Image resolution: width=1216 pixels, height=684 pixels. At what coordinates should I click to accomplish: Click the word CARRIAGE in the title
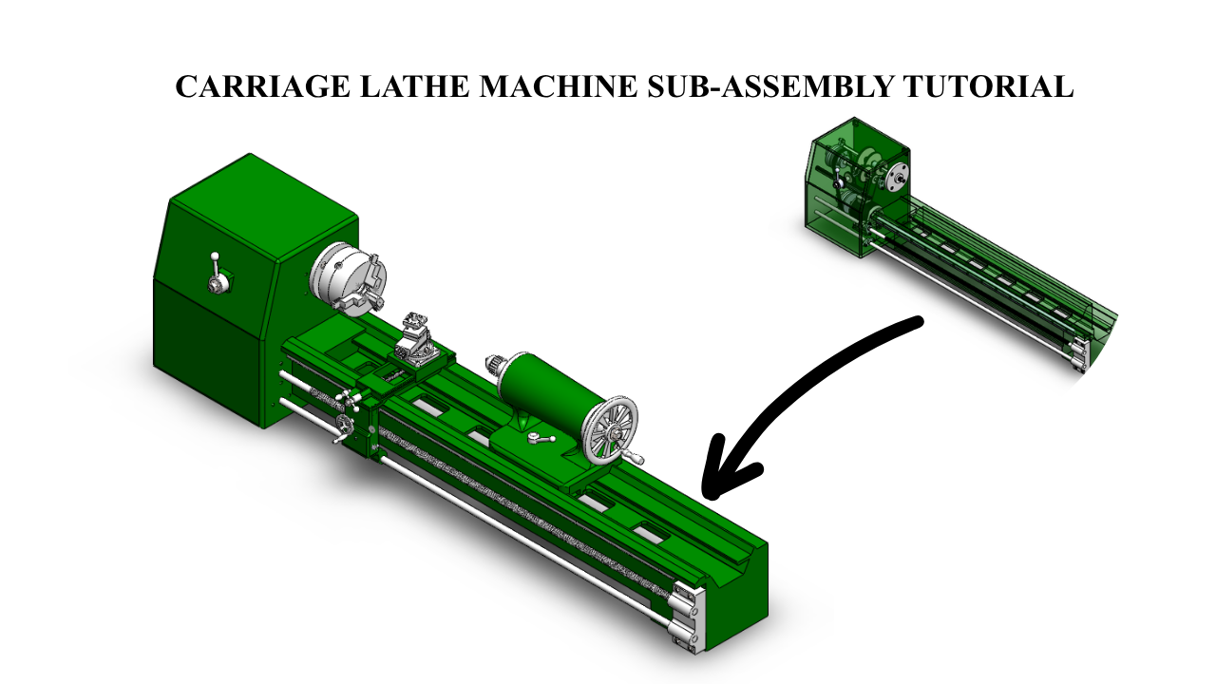click(262, 86)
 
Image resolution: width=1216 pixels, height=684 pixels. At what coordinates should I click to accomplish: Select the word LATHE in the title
click(414, 86)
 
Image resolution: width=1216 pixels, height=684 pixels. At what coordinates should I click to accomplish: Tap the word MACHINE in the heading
click(558, 86)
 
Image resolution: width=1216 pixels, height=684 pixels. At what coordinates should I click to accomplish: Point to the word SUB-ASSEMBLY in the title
click(769, 86)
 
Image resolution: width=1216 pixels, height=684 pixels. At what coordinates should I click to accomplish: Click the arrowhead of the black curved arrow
click(728, 469)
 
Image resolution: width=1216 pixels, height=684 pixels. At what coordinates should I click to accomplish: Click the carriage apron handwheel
click(344, 424)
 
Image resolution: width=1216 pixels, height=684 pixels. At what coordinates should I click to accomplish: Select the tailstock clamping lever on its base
click(541, 438)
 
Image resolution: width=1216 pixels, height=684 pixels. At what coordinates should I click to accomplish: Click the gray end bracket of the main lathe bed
click(689, 617)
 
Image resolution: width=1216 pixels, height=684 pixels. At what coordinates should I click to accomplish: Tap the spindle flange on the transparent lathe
click(896, 178)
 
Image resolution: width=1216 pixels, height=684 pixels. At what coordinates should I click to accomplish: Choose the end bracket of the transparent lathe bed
click(1079, 355)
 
